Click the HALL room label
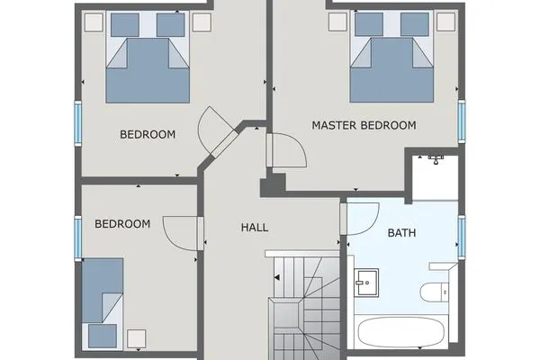255,228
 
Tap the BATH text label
401,233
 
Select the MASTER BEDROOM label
364,126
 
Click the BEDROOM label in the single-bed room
121,223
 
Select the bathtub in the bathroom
402,333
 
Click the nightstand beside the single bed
137,338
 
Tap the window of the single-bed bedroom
77,236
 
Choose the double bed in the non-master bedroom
148,67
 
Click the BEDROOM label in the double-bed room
147,135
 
